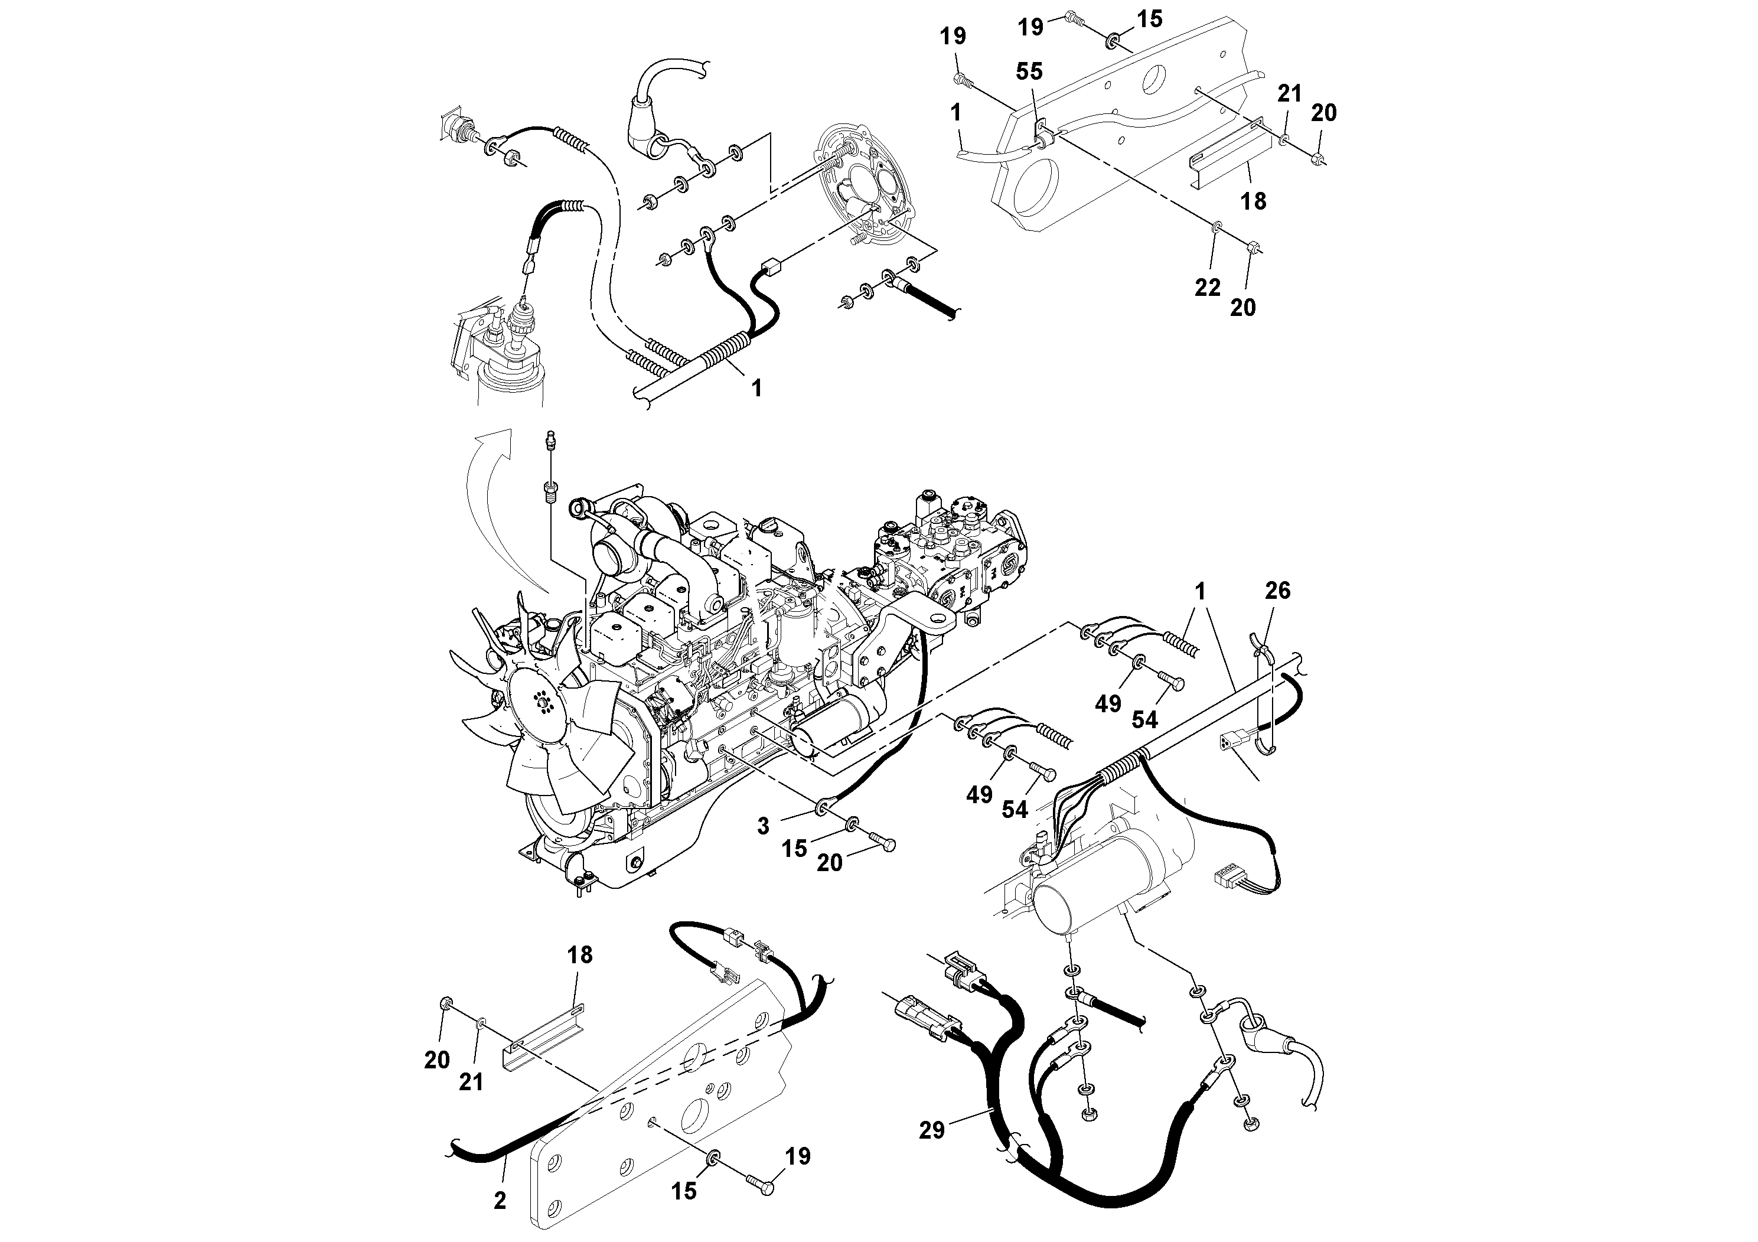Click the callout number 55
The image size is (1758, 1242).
tap(1029, 72)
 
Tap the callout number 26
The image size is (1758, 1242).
tap(1278, 591)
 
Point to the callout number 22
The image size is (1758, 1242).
tap(1208, 288)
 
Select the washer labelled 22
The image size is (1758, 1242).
tap(1216, 227)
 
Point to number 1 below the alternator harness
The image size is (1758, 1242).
tap(756, 388)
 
